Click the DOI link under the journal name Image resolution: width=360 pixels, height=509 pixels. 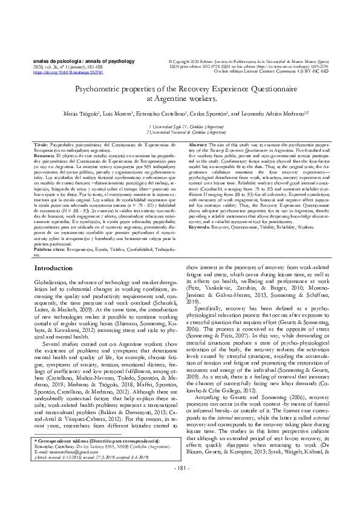[x=60, y=71]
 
